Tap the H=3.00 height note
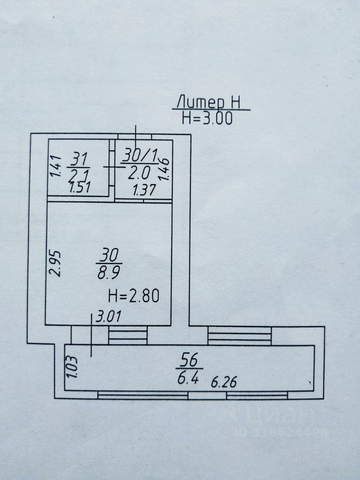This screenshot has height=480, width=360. pos(207,118)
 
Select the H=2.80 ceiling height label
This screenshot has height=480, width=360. pos(134,296)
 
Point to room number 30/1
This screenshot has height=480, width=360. pos(139,156)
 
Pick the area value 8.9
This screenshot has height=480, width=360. pos(108,272)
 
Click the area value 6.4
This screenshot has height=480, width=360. pos(188,378)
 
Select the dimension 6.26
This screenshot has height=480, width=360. pos(224,382)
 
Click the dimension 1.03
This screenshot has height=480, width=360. pos(72,366)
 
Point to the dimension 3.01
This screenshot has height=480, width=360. pos(108,316)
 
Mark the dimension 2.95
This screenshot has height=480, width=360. pos(55,264)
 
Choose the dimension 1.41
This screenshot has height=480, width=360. pos(55,166)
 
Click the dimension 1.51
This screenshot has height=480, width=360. pos(80,187)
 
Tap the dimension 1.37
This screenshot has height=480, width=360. pos(144,190)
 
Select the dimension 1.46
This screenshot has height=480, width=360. pos(164,169)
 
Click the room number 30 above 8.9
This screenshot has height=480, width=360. pos(109,255)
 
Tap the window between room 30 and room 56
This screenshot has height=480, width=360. pos(128,335)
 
